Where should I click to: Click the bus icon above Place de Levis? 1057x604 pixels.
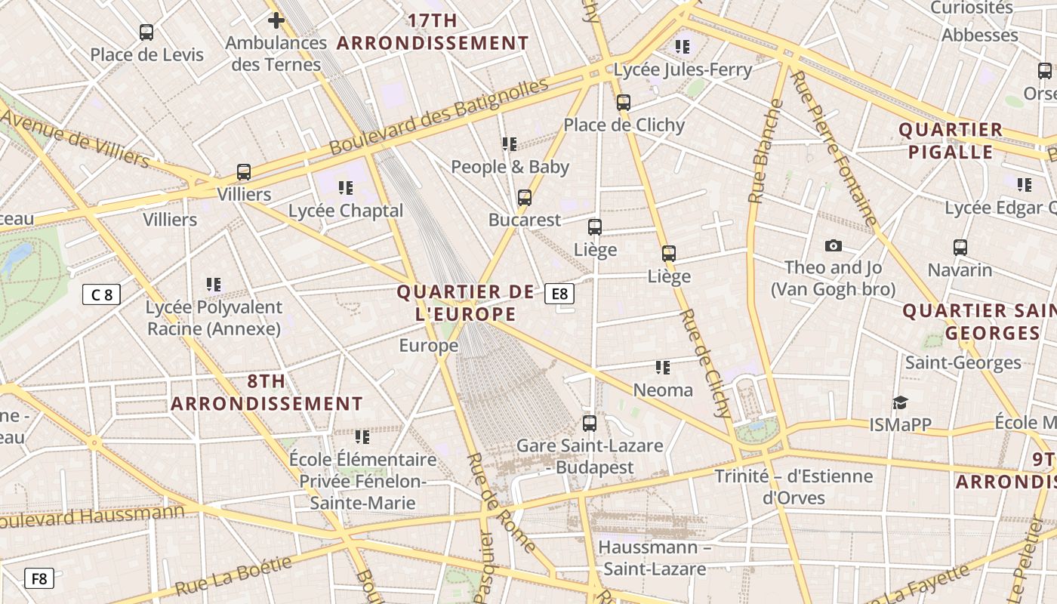coord(146,32)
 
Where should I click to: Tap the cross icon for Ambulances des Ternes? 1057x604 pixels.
coord(276,20)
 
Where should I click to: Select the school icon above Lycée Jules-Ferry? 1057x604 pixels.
coord(683,47)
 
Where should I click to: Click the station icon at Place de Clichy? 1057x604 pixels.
coord(624,103)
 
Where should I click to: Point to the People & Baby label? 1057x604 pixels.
coord(510,167)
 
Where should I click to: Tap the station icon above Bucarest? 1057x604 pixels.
coord(525,198)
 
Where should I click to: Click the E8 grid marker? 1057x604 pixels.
coord(559,294)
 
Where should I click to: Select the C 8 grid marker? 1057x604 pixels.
coord(101,294)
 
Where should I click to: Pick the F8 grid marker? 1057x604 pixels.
coord(39,579)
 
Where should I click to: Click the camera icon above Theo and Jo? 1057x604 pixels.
coord(834,245)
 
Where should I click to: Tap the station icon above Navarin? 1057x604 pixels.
coord(960,248)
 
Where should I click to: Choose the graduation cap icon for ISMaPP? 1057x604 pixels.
coord(900,402)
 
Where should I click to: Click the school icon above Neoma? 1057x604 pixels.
coord(663,368)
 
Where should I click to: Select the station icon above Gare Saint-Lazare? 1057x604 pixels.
coord(590,424)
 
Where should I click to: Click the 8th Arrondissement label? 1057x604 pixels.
coord(267,393)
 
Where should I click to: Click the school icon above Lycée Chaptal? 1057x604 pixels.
coord(346,188)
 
